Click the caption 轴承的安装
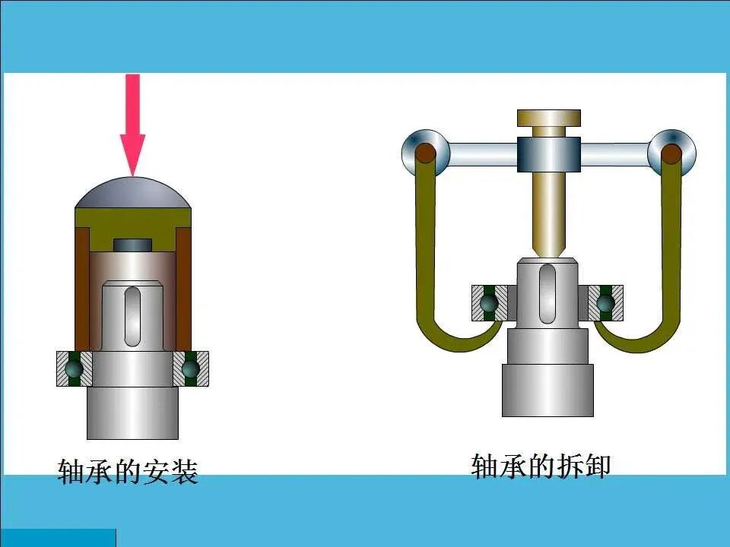(x=128, y=472)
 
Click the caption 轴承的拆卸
(x=541, y=466)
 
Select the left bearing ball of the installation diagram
(x=74, y=368)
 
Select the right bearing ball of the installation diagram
(x=190, y=368)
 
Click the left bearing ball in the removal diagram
(x=489, y=302)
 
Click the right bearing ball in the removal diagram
(x=605, y=302)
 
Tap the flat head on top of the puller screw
(x=548, y=118)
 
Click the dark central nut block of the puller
(x=548, y=154)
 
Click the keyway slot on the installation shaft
(x=132, y=315)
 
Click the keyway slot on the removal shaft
(x=547, y=292)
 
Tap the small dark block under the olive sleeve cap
(x=132, y=245)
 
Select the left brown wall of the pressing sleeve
(x=81, y=289)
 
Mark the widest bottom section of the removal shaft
(x=547, y=389)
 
